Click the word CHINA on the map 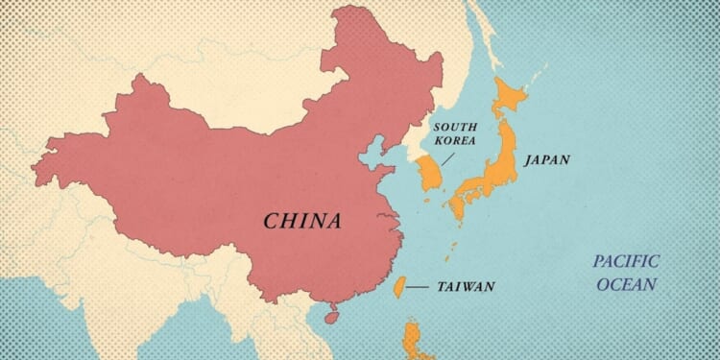point(302,222)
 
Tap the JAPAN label point(546,160)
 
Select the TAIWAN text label point(466,286)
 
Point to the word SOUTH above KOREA point(456,127)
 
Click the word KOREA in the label point(456,140)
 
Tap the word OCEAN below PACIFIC point(626,284)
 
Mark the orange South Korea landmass point(428,176)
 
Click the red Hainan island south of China point(332,313)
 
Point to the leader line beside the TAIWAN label point(417,286)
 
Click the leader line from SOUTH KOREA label point(444,157)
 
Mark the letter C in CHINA point(273,222)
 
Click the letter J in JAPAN point(527,160)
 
